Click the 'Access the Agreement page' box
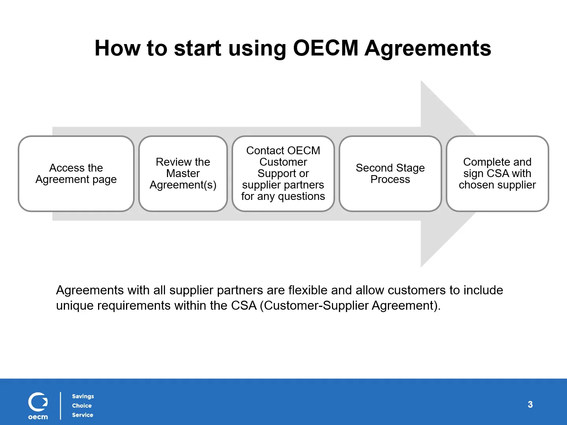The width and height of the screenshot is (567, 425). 76,174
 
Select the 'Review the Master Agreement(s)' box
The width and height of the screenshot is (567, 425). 183,174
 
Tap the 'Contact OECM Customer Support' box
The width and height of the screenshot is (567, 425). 283,174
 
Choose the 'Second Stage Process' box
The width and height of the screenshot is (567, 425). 390,174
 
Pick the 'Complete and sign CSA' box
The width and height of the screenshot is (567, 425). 497,174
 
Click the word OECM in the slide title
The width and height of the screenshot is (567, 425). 326,48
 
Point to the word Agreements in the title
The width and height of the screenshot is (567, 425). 428,48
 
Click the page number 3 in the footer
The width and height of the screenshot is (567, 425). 530,405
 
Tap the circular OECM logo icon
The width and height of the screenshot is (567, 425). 38,402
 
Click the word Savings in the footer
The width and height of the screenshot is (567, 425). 83,396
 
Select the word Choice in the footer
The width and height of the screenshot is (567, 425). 82,406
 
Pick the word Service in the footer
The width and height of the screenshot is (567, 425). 82,415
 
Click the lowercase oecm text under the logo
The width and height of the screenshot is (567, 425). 38,417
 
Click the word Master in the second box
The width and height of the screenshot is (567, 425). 183,174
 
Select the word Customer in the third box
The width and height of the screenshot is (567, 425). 283,162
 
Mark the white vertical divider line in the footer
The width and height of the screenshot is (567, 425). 61,405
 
